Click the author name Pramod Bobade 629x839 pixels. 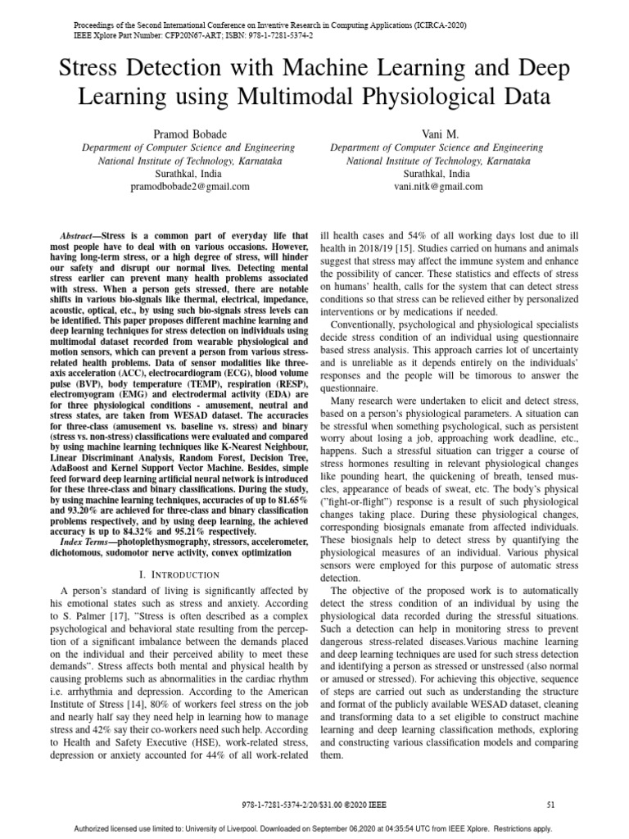pos(191,134)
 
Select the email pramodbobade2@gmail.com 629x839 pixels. pos(191,187)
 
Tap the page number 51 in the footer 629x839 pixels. pos(550,805)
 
